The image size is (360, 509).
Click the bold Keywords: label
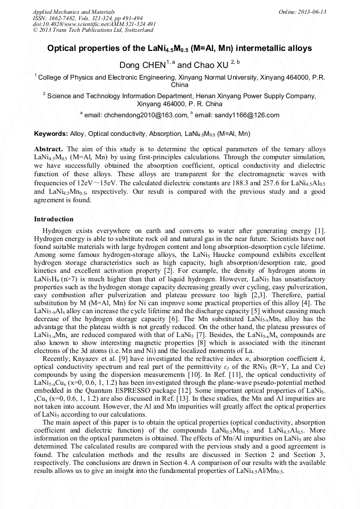pyautogui.click(x=51, y=134)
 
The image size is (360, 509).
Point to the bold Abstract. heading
pyautogui.click(x=49, y=149)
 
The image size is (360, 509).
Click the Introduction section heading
pyautogui.click(x=54, y=219)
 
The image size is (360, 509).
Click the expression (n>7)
pyautogui.click(x=65, y=279)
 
